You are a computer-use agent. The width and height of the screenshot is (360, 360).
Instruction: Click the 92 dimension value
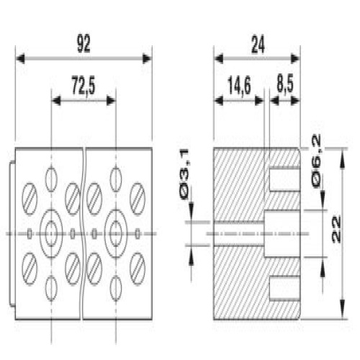(84, 44)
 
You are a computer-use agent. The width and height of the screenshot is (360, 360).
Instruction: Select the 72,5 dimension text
(84, 85)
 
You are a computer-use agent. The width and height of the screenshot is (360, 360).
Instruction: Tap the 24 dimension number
(258, 45)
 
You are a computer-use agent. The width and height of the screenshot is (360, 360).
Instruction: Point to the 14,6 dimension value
(239, 86)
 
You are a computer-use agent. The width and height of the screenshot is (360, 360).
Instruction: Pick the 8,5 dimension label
(285, 85)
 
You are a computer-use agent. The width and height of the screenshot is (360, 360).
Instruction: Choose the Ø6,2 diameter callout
(316, 161)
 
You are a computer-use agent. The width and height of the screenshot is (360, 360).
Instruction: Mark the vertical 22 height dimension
(336, 230)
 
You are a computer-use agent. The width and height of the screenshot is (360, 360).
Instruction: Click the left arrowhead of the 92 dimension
(20, 59)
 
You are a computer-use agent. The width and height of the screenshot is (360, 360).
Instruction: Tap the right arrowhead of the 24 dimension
(295, 59)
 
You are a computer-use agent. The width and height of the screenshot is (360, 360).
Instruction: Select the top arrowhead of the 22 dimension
(343, 158)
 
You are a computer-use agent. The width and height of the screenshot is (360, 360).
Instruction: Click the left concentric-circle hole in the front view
(51, 234)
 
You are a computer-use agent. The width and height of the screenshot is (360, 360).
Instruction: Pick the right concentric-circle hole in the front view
(116, 234)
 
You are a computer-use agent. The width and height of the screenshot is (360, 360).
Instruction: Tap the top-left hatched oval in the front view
(30, 199)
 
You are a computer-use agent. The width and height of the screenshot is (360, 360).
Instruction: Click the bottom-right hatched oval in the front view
(138, 269)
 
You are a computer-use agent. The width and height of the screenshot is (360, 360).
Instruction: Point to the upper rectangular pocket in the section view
(285, 179)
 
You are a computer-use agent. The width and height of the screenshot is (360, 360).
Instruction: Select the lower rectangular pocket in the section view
(285, 288)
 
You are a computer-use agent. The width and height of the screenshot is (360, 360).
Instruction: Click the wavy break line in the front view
(83, 234)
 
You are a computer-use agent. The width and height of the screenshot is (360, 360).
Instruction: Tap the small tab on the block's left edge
(12, 234)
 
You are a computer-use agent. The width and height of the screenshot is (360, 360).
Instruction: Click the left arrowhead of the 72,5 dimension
(56, 101)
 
